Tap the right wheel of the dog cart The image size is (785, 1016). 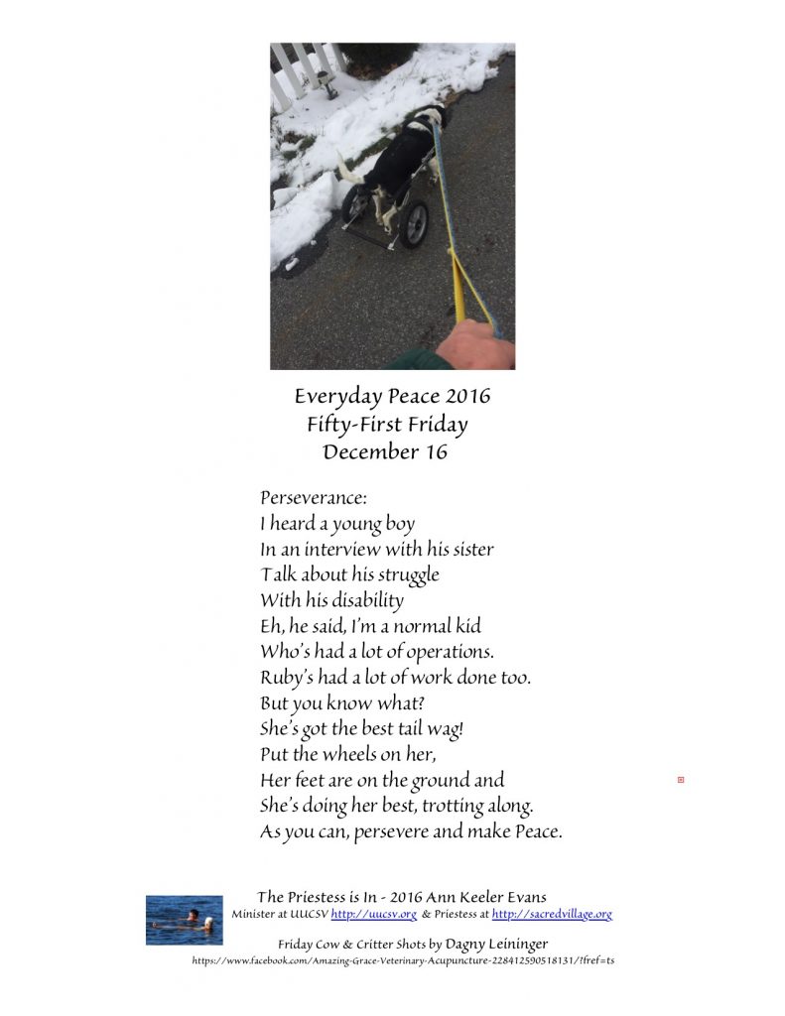click(x=413, y=224)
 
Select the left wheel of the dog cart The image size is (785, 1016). click(x=353, y=202)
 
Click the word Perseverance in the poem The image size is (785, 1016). click(x=314, y=496)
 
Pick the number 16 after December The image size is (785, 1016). click(x=433, y=452)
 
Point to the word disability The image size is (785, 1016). click(x=358, y=600)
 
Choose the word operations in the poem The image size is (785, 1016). click(x=446, y=652)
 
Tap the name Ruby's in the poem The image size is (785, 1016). click(x=288, y=678)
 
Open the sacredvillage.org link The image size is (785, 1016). click(x=552, y=914)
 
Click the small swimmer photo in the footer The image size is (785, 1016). click(x=184, y=920)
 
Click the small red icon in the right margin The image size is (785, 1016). click(x=681, y=781)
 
